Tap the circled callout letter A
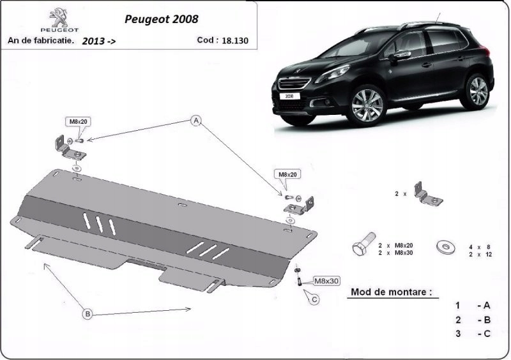(x=197, y=121)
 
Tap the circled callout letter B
(x=88, y=313)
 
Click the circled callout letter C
(x=314, y=299)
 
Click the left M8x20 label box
(x=75, y=122)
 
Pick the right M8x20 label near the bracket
(x=287, y=174)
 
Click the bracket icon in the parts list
(x=427, y=193)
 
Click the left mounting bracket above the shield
(x=65, y=146)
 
